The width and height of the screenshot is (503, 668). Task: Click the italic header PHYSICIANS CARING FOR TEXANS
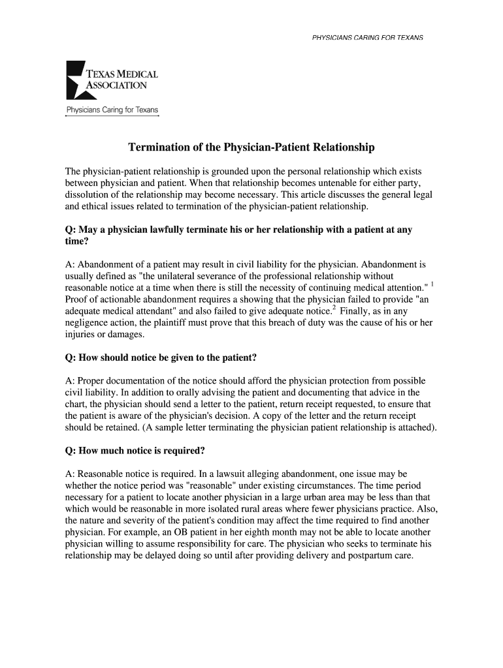(368, 37)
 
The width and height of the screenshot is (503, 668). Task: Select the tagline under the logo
(112, 110)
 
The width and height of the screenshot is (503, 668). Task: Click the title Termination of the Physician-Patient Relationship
(251, 147)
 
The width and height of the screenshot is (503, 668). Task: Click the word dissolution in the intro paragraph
(89, 195)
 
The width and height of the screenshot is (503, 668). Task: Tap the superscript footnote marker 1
(432, 284)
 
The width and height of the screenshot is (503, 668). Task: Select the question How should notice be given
(161, 357)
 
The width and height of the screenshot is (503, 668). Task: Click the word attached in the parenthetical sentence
(414, 428)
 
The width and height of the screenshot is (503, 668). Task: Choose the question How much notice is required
(135, 451)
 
